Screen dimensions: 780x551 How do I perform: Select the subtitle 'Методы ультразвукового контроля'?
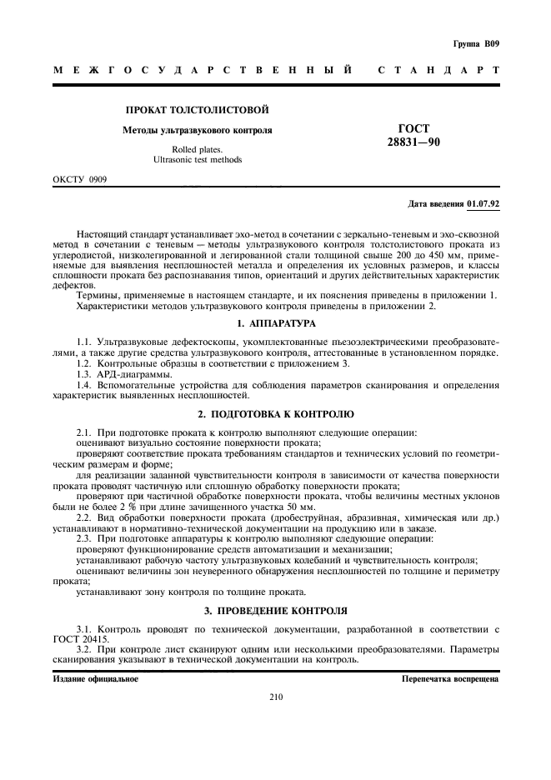pyautogui.click(x=198, y=131)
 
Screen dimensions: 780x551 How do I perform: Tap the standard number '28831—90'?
pyautogui.click(x=413, y=143)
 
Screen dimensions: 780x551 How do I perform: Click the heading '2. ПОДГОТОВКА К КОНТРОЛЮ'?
pyautogui.click(x=275, y=414)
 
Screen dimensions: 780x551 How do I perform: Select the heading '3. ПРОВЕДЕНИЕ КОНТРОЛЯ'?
pyautogui.click(x=275, y=611)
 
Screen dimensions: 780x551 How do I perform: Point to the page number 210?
pyautogui.click(x=276, y=698)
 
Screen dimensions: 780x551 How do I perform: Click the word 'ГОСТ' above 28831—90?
pyautogui.click(x=414, y=129)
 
